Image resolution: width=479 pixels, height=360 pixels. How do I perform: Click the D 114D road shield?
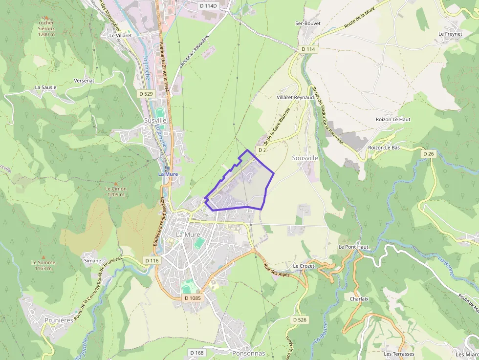(x=208, y=5)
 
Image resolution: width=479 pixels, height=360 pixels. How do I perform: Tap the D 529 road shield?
(x=146, y=93)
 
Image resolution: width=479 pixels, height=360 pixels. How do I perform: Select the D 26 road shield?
(x=428, y=154)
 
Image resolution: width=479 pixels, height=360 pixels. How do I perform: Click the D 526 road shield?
(x=300, y=319)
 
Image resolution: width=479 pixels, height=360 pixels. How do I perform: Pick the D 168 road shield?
(x=196, y=352)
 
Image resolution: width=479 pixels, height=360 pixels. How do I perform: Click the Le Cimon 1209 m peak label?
(x=116, y=191)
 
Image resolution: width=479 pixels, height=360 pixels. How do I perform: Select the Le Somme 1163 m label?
(x=43, y=265)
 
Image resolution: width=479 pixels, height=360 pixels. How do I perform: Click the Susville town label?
(x=155, y=120)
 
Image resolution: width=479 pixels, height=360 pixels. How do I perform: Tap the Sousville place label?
(x=305, y=158)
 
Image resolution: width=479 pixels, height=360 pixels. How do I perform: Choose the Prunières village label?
(x=59, y=320)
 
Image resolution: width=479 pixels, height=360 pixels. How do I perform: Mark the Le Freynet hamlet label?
(x=450, y=34)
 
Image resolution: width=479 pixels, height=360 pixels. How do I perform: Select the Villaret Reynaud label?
(x=295, y=98)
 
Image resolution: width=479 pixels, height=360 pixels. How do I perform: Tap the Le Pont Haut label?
(x=353, y=247)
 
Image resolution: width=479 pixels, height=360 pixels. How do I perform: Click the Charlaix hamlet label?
(x=359, y=299)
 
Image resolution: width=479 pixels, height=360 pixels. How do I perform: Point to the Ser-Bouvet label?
(x=307, y=23)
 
